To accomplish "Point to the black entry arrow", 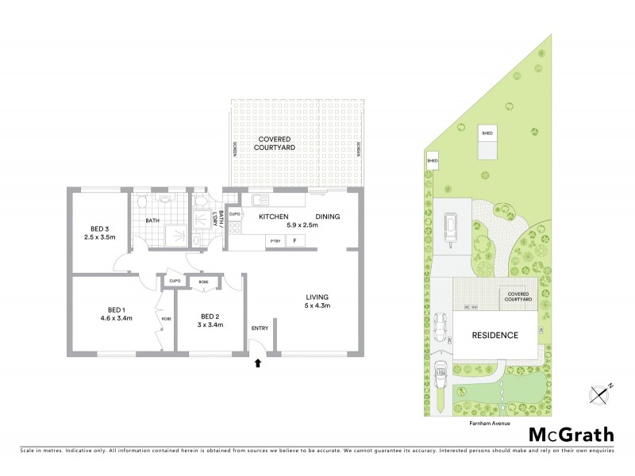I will coord(256,364).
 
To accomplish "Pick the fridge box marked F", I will coord(294,241).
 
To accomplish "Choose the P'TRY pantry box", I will coord(275,241).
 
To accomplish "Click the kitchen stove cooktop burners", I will coord(235,230).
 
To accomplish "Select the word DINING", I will coord(329,217).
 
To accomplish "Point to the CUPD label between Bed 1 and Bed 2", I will coord(175,281).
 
